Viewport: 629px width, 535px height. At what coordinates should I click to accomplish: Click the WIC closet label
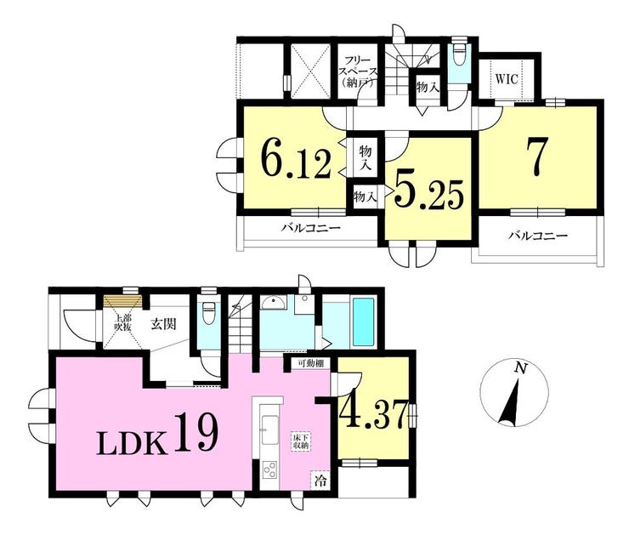[x=507, y=79]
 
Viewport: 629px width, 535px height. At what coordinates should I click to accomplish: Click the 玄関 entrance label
[x=164, y=323]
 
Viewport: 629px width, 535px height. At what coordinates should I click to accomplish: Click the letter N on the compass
[x=520, y=367]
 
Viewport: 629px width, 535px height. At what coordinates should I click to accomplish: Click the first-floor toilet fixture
[x=208, y=313]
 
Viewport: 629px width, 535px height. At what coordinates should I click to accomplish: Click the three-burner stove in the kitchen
[x=269, y=470]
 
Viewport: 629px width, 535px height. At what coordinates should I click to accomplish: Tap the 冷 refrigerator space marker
[x=320, y=480]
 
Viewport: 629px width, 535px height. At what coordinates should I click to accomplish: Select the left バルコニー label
[x=310, y=229]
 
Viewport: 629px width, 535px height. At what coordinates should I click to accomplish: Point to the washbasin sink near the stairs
[x=274, y=303]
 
